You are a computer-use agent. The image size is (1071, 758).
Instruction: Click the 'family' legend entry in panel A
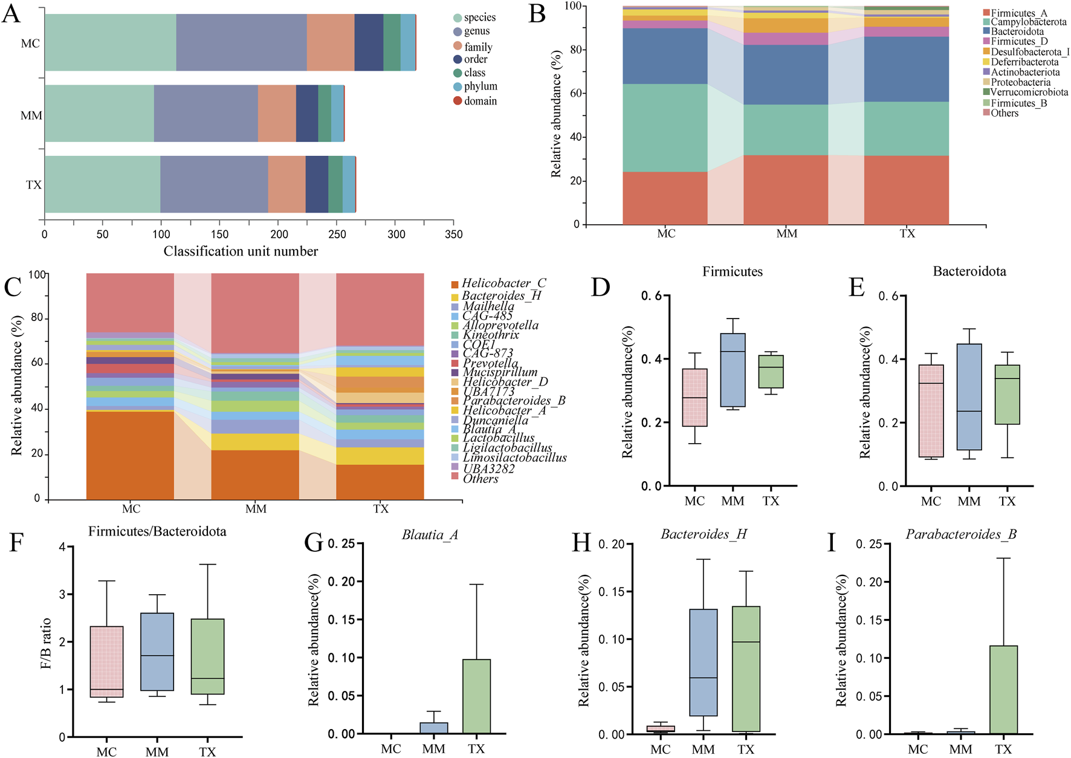(477, 47)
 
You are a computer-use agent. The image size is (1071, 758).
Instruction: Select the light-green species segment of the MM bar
(99, 113)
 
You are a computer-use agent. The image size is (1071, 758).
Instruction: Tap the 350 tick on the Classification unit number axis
(453, 235)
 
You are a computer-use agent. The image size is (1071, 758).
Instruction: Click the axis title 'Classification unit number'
(241, 251)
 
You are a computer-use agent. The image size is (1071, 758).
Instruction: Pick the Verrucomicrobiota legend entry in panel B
(1029, 92)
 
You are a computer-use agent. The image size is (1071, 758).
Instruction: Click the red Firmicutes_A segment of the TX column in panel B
(906, 190)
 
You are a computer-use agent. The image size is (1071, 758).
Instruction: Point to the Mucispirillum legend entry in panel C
(500, 372)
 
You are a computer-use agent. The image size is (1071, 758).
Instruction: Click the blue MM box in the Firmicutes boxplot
(733, 370)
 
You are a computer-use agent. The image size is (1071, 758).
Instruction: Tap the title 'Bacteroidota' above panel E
(969, 271)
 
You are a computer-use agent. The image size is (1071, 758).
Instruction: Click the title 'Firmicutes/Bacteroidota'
(157, 531)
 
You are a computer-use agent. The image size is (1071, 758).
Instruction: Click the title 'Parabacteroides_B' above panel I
(961, 534)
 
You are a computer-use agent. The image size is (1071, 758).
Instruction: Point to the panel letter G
(314, 542)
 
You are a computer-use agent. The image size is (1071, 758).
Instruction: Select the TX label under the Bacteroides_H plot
(746, 750)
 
